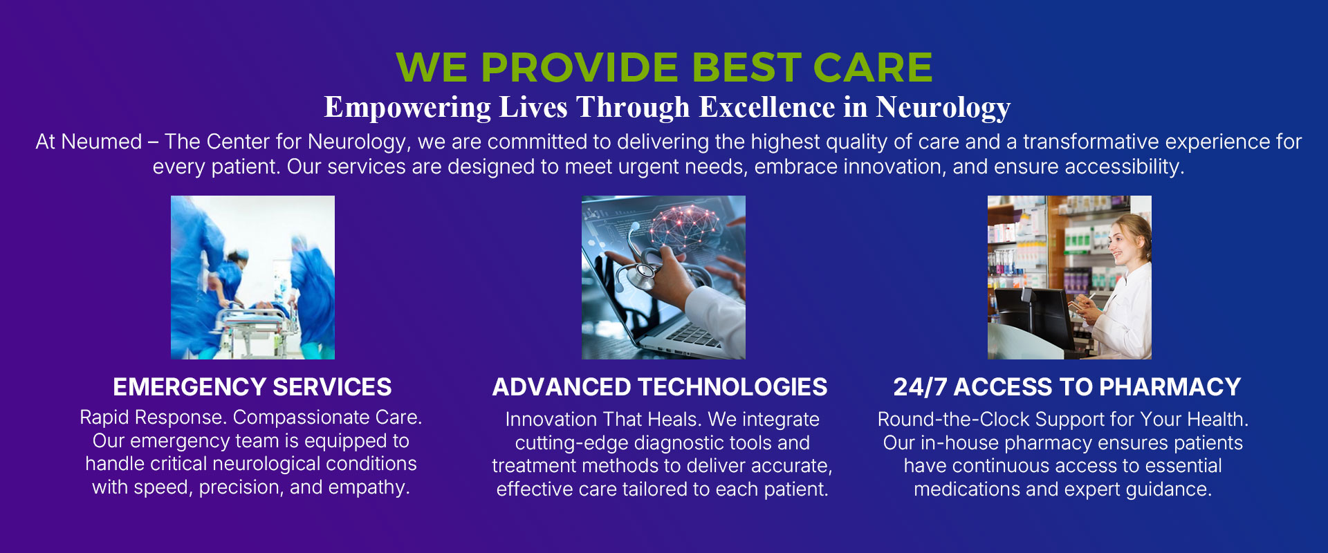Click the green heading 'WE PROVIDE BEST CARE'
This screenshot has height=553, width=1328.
(x=664, y=67)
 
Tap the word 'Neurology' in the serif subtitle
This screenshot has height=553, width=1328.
(x=943, y=108)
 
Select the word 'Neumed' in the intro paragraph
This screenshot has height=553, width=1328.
(x=102, y=142)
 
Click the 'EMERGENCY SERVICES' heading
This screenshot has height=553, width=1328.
(x=252, y=387)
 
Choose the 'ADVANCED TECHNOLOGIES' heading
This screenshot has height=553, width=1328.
(x=660, y=387)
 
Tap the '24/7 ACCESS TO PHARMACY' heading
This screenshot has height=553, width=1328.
(x=1067, y=387)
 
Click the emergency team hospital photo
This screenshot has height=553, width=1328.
(x=252, y=277)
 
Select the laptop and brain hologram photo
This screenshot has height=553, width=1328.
(x=663, y=277)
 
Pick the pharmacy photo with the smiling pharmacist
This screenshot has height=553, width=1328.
(x=1069, y=277)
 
